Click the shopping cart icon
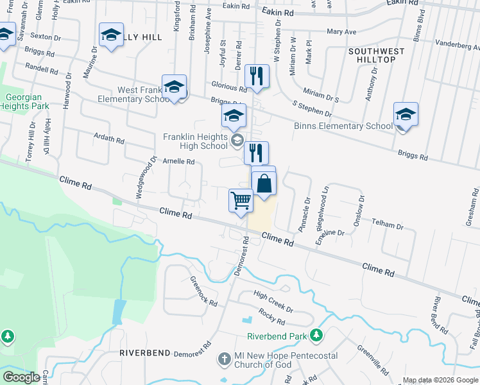pos(241,200)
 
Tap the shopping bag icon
pos(264,184)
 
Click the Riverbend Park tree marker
pos(316,335)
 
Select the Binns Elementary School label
pos(343,126)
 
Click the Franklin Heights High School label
pos(196,141)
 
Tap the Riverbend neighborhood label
pos(144,353)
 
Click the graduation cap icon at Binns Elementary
pos(406,114)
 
